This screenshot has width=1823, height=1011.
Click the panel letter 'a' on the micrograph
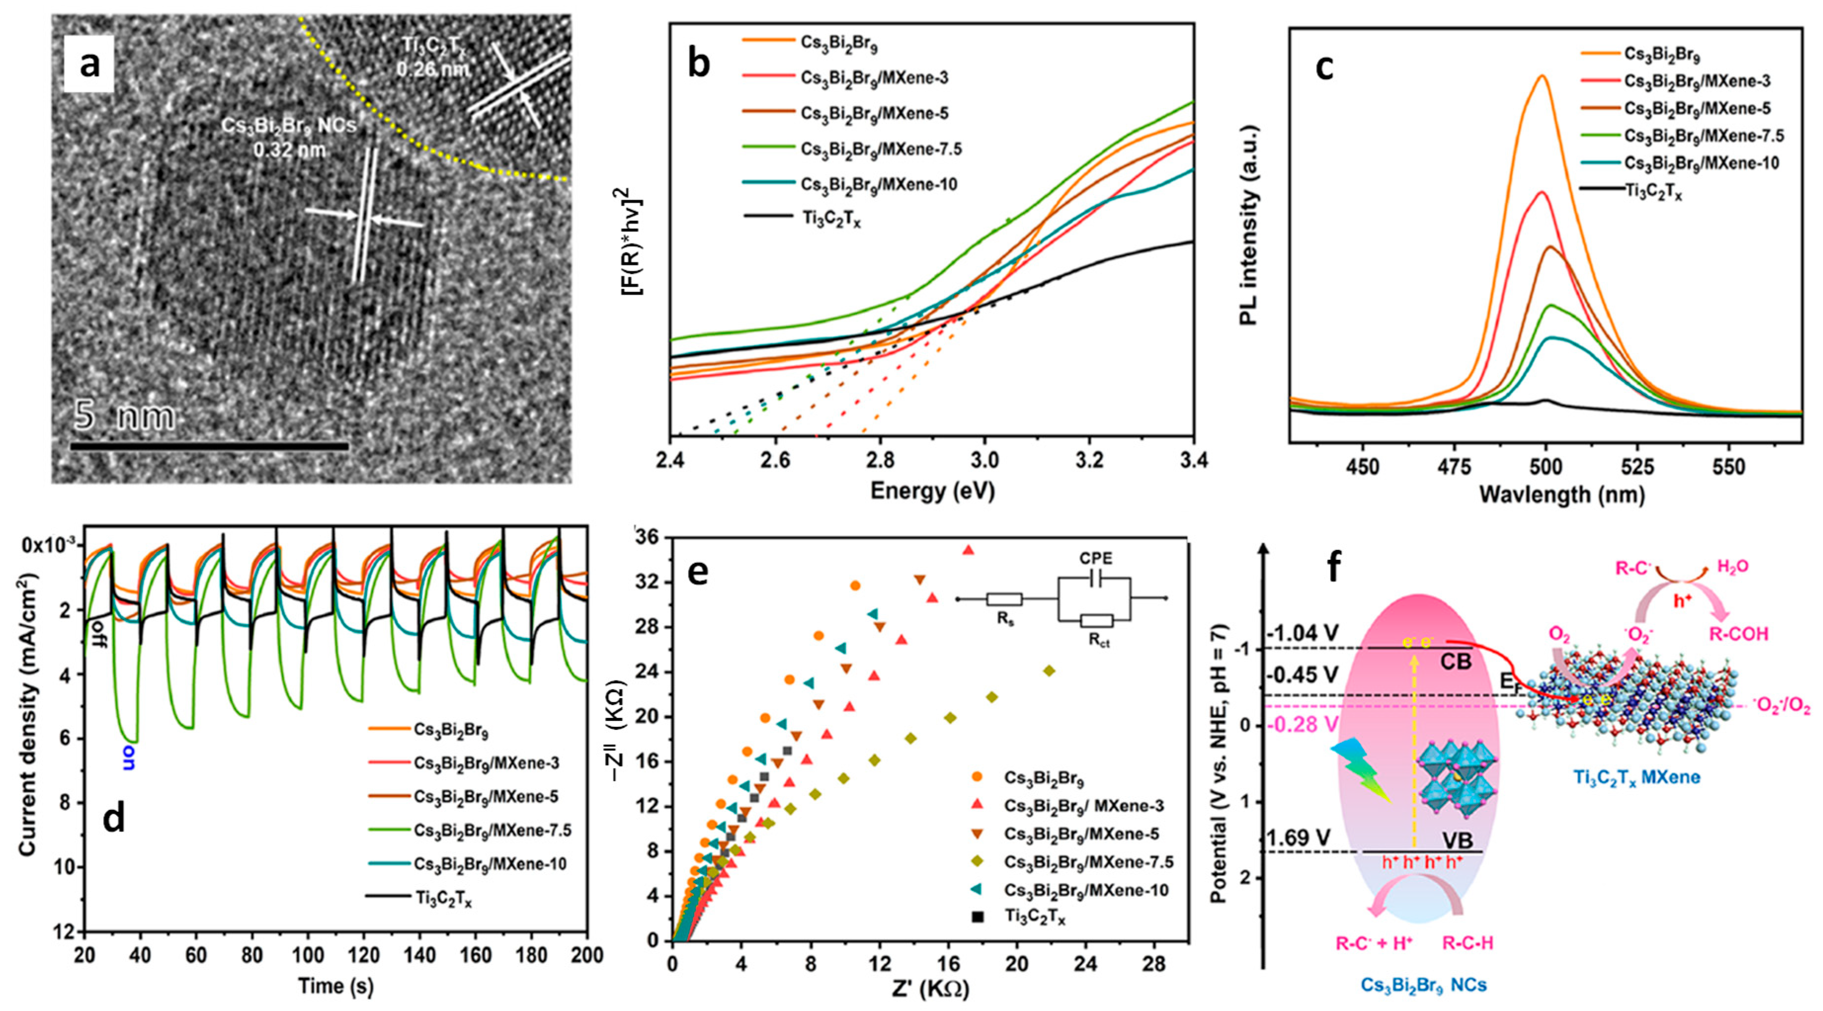tap(89, 65)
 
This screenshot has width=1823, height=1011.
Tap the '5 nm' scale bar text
tap(124, 416)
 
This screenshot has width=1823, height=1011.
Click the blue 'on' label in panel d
tap(129, 757)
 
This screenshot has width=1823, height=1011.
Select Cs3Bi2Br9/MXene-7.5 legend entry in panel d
tap(492, 830)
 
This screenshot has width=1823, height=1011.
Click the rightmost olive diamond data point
tap(1049, 671)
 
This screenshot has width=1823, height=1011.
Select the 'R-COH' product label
tap(1738, 633)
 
